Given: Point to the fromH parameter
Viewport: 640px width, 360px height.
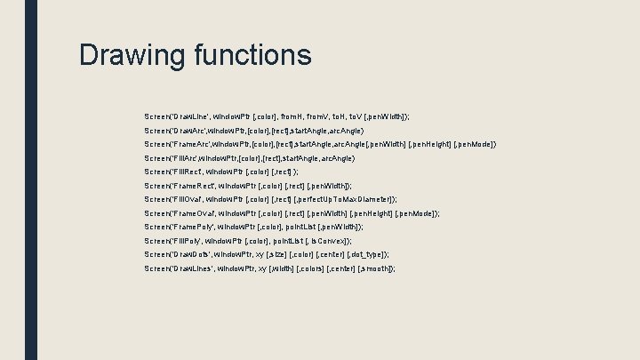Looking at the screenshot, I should [x=292, y=116].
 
